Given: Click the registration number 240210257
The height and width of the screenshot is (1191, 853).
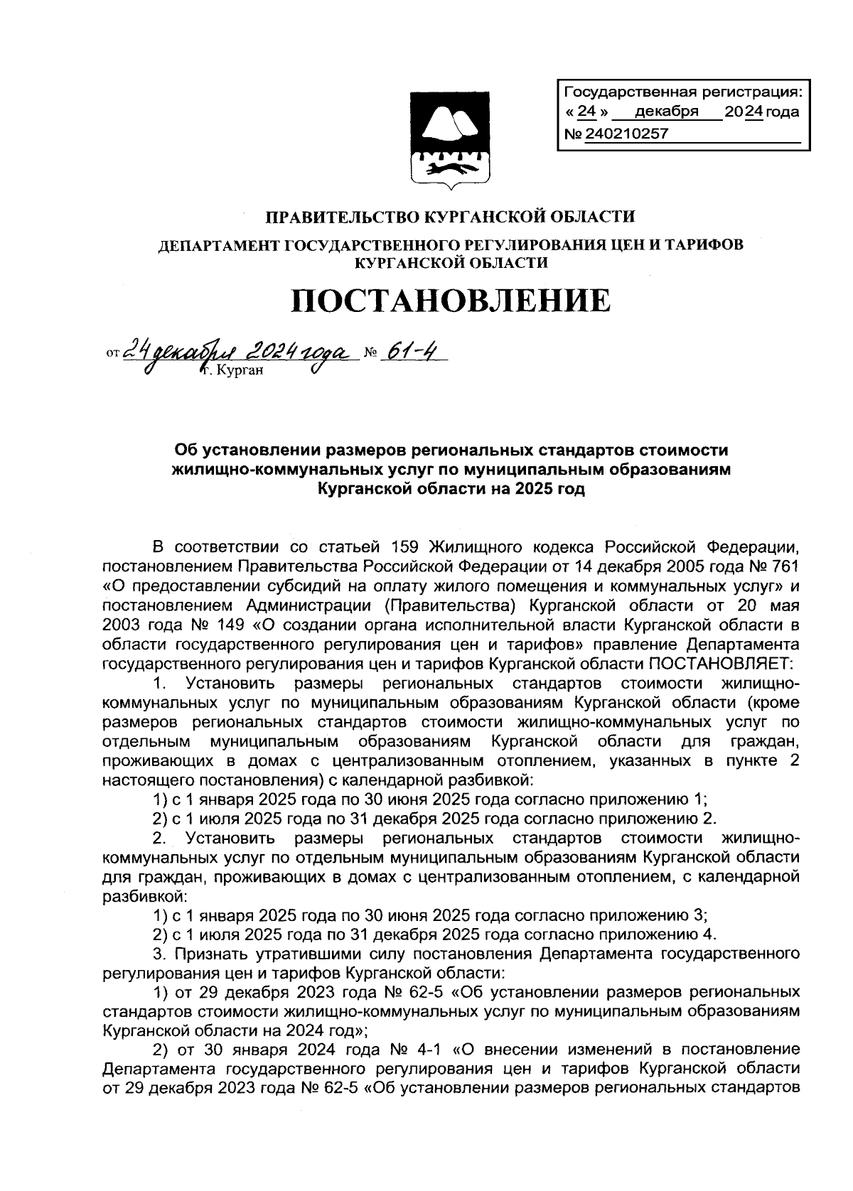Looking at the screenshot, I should [x=626, y=134].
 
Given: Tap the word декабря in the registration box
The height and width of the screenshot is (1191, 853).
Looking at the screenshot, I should [x=666, y=112].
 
